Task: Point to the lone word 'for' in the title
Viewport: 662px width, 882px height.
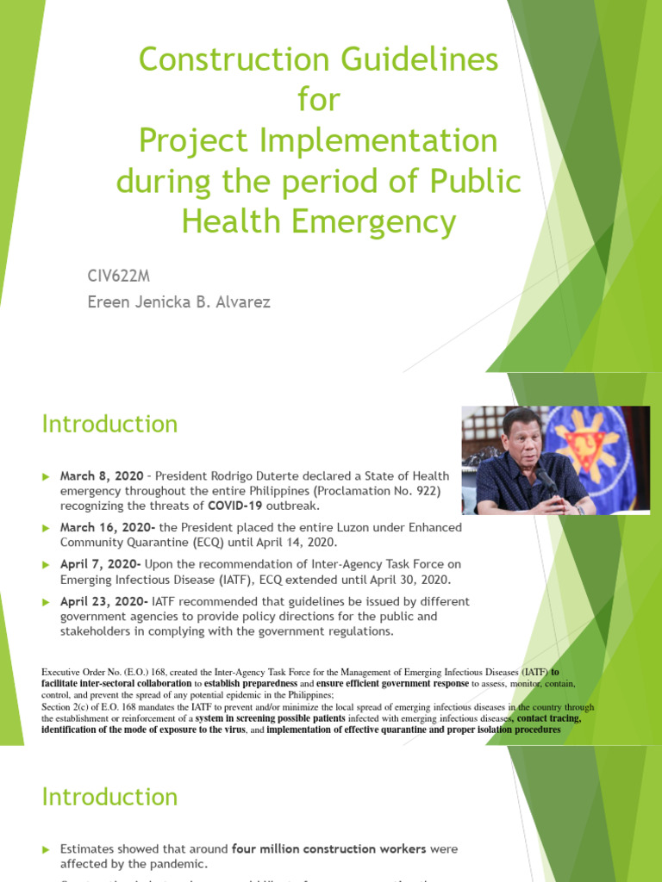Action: click(318, 101)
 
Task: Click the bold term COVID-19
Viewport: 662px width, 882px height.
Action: click(239, 506)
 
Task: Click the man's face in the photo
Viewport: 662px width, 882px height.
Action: click(521, 443)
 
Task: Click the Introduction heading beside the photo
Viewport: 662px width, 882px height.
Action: click(110, 425)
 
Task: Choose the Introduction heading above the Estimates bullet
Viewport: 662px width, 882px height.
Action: click(110, 797)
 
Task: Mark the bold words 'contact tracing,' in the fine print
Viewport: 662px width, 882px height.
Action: click(549, 717)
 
